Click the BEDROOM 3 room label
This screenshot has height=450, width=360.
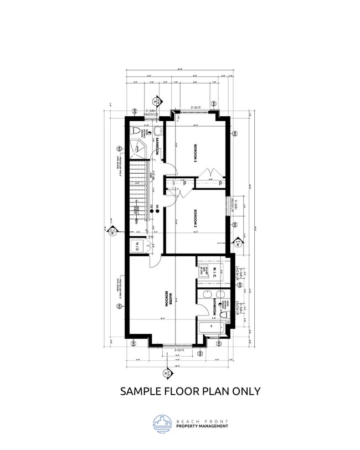point(196,153)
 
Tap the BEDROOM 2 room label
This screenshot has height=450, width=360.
point(196,219)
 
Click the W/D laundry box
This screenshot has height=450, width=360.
point(136,245)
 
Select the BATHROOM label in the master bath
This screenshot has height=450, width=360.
point(214,306)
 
